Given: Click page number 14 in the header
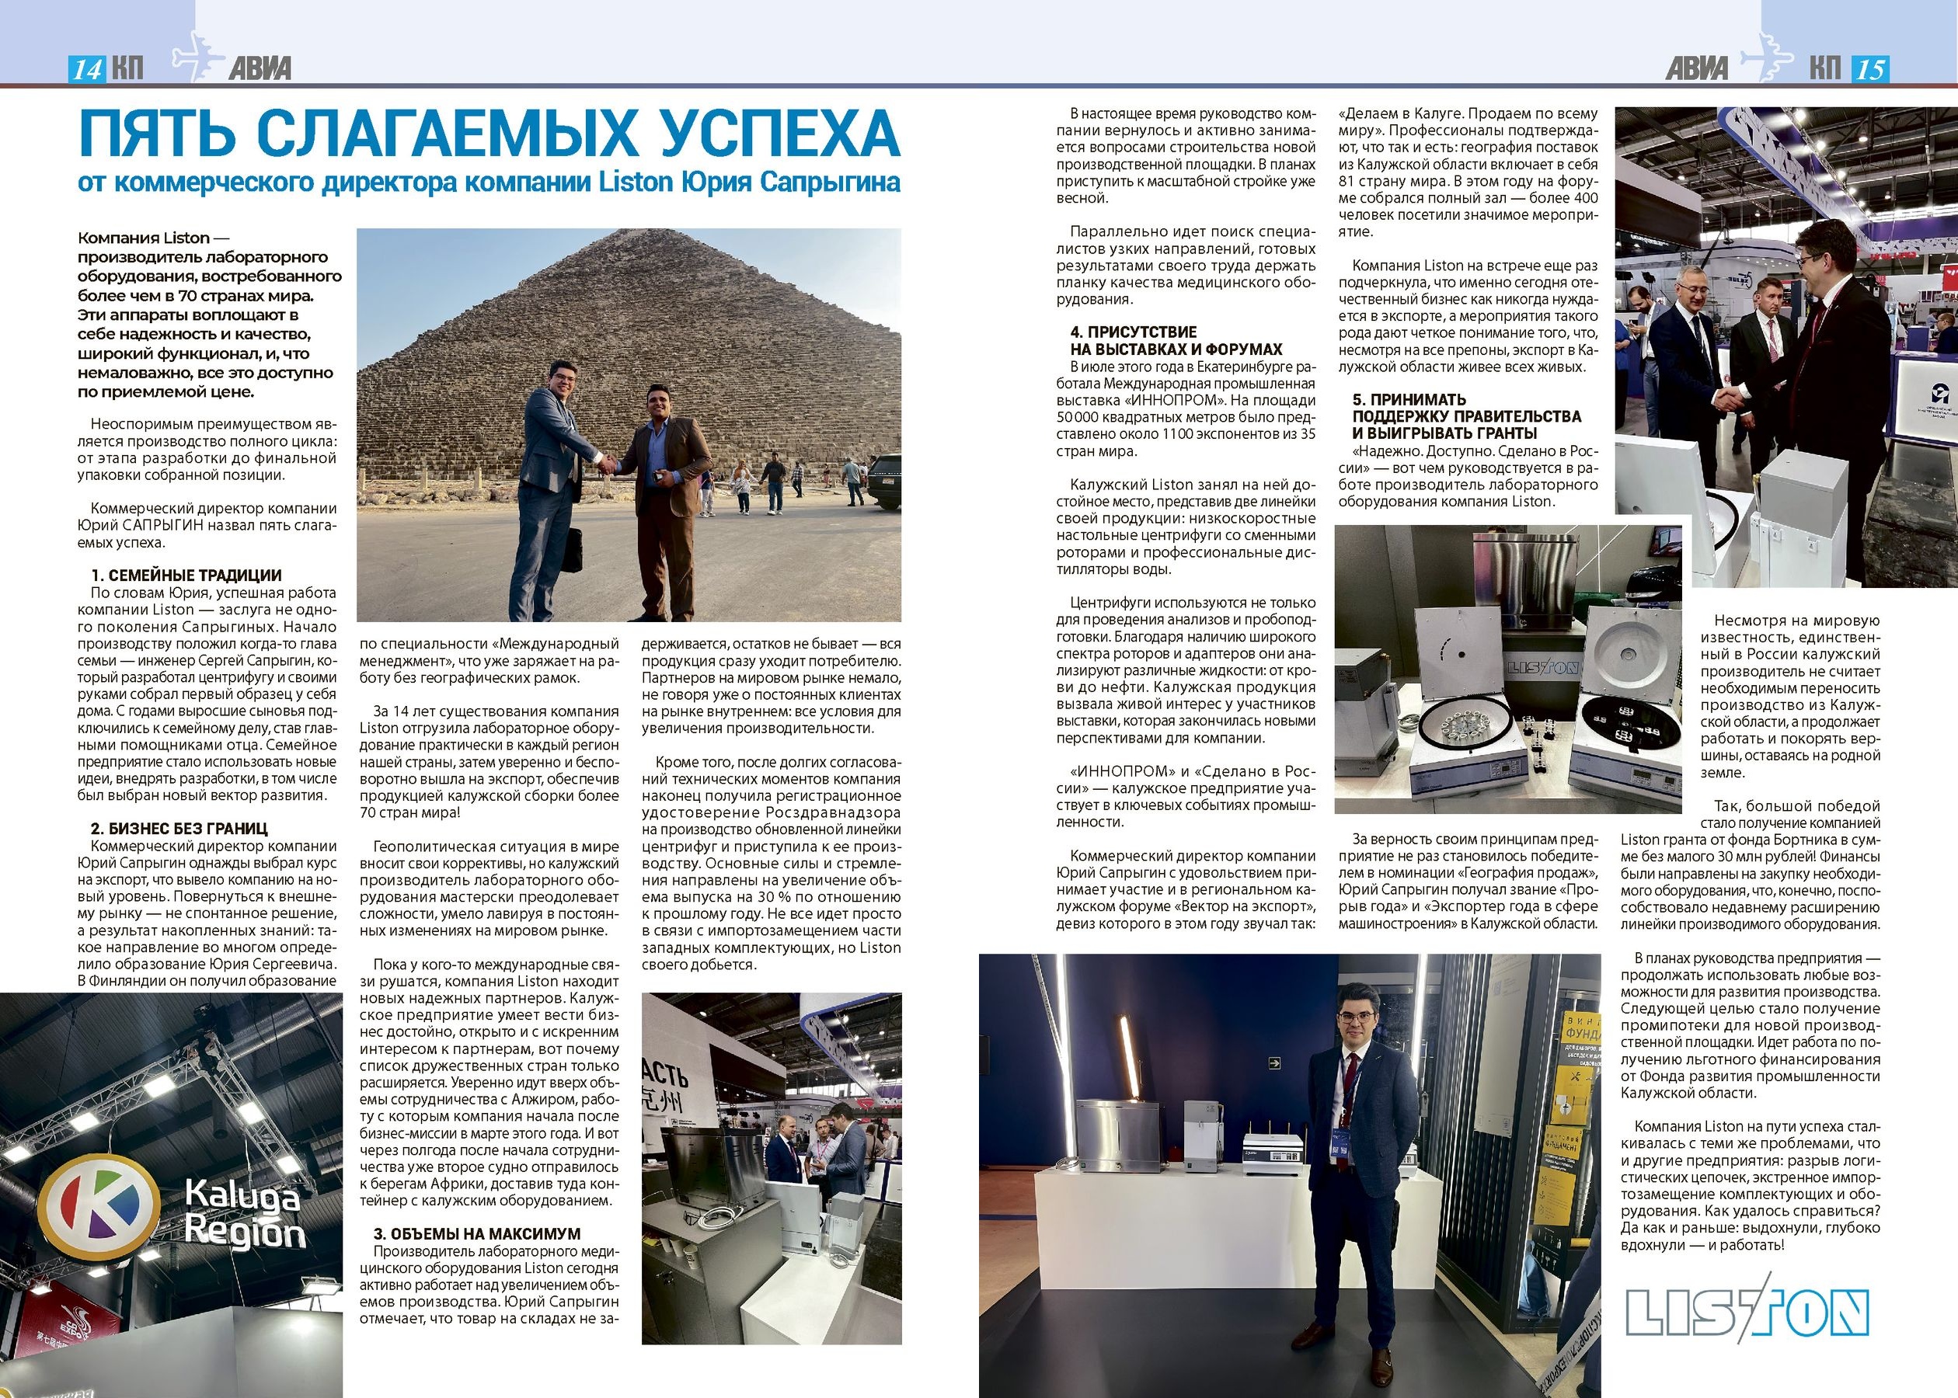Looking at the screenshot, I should (87, 69).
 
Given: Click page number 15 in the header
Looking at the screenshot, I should (1869, 69).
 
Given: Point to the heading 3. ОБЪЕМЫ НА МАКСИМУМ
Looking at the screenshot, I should (477, 1233).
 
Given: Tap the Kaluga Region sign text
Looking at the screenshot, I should (245, 1214).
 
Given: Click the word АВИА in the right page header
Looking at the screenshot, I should (1696, 69).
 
